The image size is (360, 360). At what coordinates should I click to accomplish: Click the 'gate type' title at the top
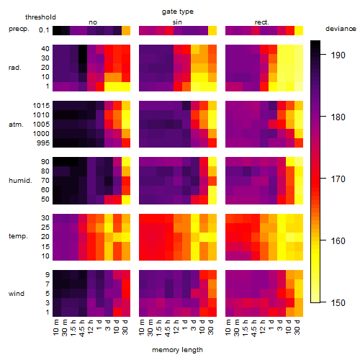click(178, 12)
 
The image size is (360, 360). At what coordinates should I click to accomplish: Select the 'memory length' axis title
click(177, 350)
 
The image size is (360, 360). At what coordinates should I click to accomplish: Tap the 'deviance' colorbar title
click(341, 29)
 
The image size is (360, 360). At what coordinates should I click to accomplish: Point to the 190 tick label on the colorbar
click(338, 55)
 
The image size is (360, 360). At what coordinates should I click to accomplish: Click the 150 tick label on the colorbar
click(338, 303)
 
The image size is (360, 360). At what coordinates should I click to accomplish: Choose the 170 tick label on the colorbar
click(338, 179)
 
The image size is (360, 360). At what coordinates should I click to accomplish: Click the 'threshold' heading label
click(40, 17)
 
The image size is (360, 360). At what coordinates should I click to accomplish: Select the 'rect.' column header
click(262, 22)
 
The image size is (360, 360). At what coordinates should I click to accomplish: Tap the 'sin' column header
click(177, 22)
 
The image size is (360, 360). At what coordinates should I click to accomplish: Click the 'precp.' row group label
click(19, 29)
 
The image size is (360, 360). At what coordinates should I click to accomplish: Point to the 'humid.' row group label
click(20, 181)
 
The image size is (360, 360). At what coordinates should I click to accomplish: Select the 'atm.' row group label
click(16, 125)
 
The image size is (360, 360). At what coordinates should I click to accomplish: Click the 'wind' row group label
click(17, 294)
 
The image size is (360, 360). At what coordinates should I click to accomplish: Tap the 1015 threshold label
click(41, 106)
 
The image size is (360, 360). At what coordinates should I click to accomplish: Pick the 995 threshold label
click(43, 143)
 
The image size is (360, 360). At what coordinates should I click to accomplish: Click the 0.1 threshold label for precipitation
click(44, 30)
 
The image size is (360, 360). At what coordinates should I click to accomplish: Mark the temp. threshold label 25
click(45, 227)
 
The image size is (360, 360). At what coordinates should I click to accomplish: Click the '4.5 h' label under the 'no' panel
click(81, 328)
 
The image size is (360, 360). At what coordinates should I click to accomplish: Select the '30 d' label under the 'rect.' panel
click(297, 328)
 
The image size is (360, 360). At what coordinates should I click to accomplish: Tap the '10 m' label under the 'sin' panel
click(142, 328)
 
